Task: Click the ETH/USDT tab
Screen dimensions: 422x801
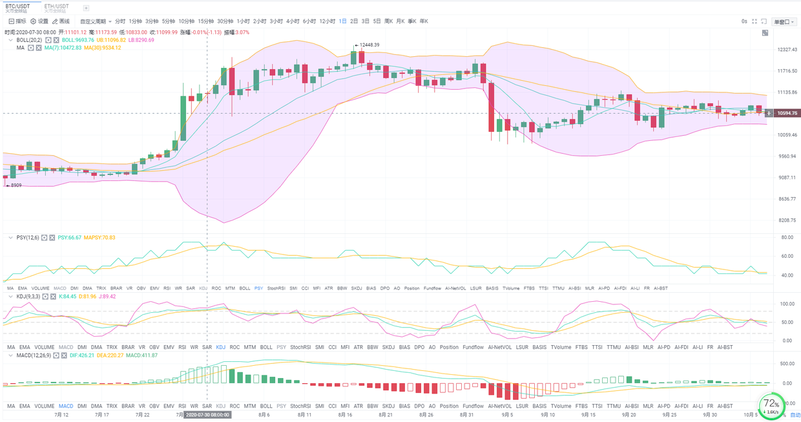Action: point(56,6)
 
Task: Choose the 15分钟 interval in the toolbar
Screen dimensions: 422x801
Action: point(206,21)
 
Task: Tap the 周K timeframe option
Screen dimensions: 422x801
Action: point(388,21)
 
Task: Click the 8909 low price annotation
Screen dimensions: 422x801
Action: point(14,185)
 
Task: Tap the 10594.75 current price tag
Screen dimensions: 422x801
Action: point(787,113)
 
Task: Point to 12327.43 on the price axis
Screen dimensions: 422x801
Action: point(786,50)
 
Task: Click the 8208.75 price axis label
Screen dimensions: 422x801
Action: point(786,220)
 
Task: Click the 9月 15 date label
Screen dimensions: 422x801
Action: point(588,415)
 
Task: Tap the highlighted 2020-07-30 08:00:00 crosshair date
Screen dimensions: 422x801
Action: point(207,415)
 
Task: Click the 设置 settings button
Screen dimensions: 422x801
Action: point(39,21)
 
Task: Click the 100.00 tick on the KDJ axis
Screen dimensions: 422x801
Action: point(786,304)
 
